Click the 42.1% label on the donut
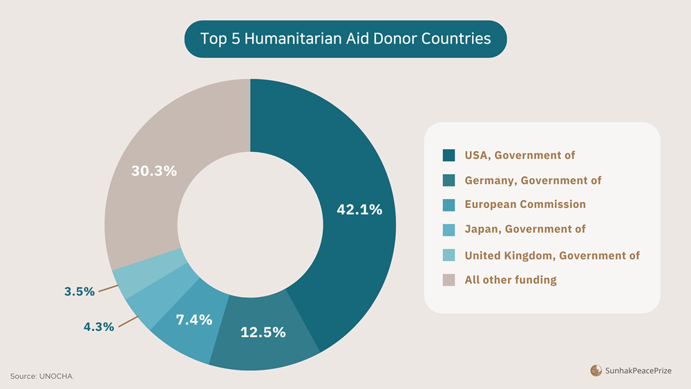(359, 210)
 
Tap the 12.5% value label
(263, 332)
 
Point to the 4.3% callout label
(99, 327)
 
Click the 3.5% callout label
(79, 292)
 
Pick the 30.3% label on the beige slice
(154, 171)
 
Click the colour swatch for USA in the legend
(449, 155)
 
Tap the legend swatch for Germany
(449, 180)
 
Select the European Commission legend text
(524, 205)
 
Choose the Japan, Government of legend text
(524, 229)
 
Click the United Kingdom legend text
(551, 256)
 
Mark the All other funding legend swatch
(449, 280)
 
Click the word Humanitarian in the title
(287, 39)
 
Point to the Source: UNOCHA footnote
(41, 376)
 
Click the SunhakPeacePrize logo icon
(596, 371)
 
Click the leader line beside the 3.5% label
(107, 289)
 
